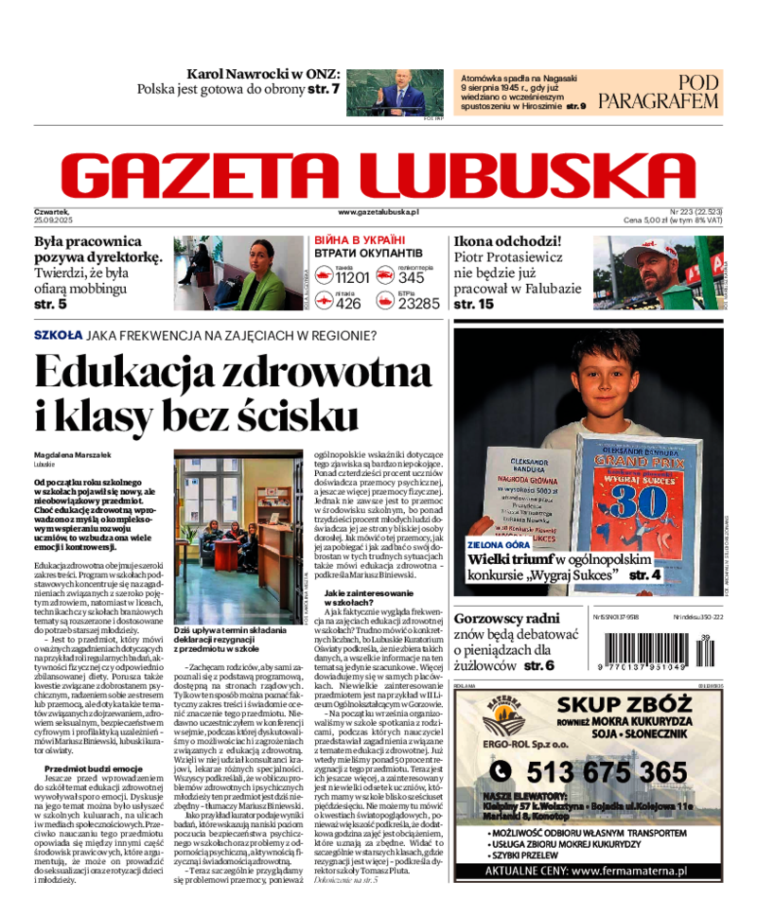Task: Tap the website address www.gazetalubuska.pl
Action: [x=378, y=213]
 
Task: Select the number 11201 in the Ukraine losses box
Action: [x=351, y=277]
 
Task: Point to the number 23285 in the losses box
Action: [x=419, y=304]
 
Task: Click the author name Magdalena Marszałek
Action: [x=71, y=454]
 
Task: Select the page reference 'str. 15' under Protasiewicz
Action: [x=473, y=304]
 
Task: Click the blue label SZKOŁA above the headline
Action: [x=58, y=335]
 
